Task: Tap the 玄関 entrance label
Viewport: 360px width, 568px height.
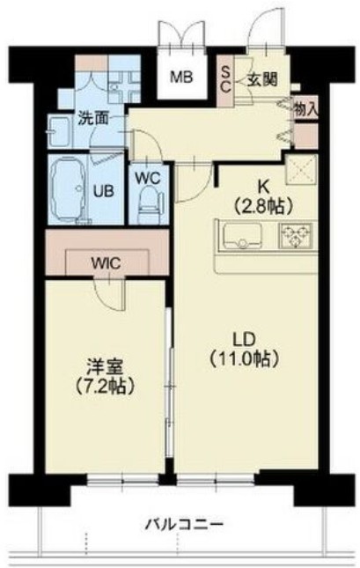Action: pos(261,79)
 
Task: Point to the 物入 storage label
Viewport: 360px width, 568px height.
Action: pos(306,109)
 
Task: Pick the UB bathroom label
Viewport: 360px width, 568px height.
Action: pos(102,189)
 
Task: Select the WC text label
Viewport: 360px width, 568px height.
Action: pos(147,173)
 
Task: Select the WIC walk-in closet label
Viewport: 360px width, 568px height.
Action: pos(107,262)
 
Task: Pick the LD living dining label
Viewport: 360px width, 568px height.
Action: pos(243,340)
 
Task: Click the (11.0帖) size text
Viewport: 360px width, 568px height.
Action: pos(244,358)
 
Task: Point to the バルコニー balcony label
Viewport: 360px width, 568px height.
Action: pos(184,526)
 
